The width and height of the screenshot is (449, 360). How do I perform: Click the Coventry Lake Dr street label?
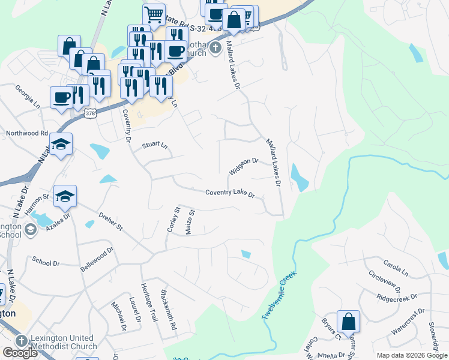(231, 194)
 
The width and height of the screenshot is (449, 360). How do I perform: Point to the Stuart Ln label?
(155, 145)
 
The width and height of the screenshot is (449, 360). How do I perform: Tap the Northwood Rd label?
(26, 133)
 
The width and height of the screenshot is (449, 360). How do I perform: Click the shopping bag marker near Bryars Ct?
(348, 322)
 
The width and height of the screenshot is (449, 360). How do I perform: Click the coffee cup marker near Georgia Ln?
(62, 98)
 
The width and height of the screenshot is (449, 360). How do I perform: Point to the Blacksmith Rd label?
(169, 309)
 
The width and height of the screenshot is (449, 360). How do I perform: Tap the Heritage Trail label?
(150, 302)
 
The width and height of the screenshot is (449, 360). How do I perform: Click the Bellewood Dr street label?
(97, 259)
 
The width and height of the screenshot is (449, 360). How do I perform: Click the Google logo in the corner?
(20, 353)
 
